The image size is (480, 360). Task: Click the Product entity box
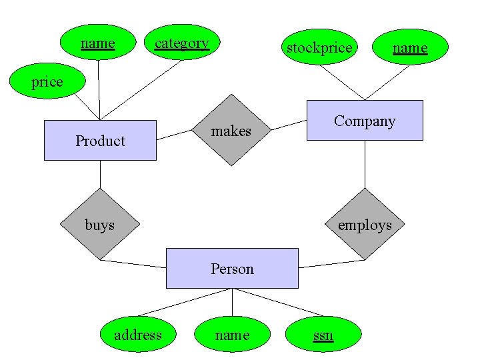coord(100,141)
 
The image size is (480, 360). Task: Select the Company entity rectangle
coord(364,121)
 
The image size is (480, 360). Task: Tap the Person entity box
coord(232,269)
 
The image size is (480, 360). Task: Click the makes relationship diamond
coord(231,131)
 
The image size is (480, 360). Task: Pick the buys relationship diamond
coord(100,225)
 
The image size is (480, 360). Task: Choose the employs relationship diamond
coord(365,225)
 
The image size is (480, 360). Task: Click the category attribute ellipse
coord(182,44)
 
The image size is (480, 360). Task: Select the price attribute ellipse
coord(47,82)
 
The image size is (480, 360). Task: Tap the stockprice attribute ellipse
coord(319,47)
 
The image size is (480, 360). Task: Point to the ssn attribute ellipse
coord(323,335)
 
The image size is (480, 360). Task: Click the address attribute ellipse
coord(138,335)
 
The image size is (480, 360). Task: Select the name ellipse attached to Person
coord(232,335)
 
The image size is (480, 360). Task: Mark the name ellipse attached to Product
coord(98,44)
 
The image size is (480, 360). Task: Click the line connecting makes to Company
coord(289,125)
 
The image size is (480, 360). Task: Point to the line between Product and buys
coord(100,175)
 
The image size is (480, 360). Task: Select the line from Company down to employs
coord(365,164)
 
